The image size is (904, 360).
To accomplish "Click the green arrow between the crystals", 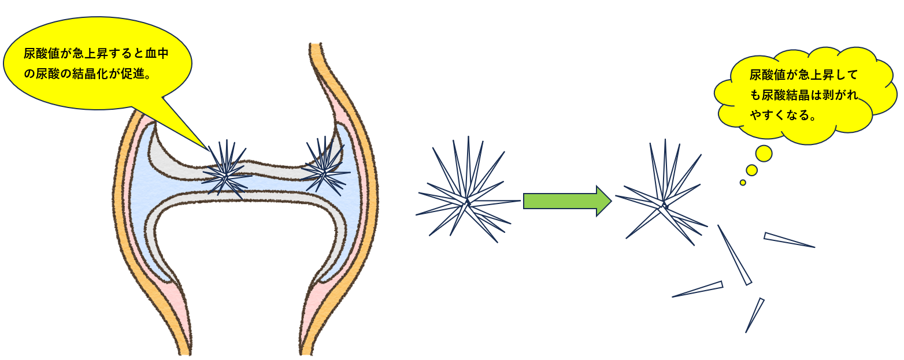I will [x=566, y=201].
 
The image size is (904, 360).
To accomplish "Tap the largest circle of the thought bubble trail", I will [x=764, y=153].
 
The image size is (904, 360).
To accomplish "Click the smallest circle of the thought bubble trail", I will [x=743, y=183].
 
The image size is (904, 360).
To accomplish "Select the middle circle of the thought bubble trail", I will [x=751, y=170].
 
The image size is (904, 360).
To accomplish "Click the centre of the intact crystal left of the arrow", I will [x=467, y=202].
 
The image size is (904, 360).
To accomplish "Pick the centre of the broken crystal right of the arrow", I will [x=665, y=205].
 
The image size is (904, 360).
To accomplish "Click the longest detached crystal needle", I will [x=734, y=254].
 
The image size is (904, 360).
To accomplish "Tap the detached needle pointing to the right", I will [x=789, y=240].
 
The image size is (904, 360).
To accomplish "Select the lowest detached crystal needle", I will [x=755, y=315].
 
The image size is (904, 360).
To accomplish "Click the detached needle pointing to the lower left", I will [x=698, y=289].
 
